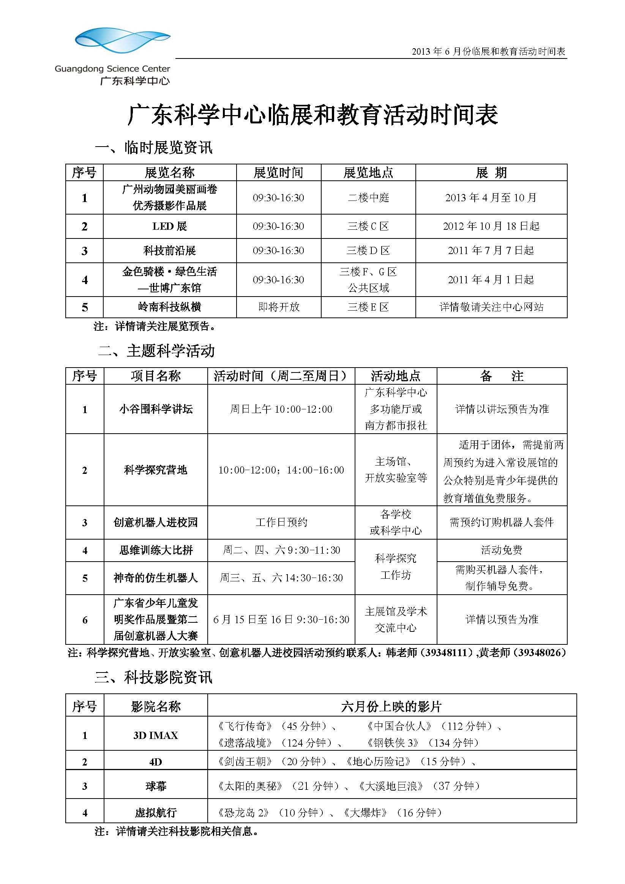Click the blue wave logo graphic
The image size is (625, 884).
(123, 40)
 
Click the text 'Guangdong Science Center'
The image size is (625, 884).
(112, 69)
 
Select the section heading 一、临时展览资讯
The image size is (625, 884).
(154, 147)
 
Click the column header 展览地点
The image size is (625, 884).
(368, 172)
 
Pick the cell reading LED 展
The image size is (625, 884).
(169, 226)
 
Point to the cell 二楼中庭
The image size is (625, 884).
(368, 197)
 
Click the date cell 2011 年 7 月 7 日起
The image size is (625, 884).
(491, 251)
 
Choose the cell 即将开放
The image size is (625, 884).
(278, 307)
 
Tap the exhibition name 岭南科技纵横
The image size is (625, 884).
(169, 307)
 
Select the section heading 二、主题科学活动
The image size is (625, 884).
(156, 351)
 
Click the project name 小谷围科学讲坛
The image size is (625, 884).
(156, 409)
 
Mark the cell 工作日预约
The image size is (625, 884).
(281, 523)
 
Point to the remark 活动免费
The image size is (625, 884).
(501, 550)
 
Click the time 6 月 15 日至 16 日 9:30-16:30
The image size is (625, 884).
(281, 619)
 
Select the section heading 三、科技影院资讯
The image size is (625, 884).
(153, 677)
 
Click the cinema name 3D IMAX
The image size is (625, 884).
(156, 736)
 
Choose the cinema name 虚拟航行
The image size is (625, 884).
(156, 813)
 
